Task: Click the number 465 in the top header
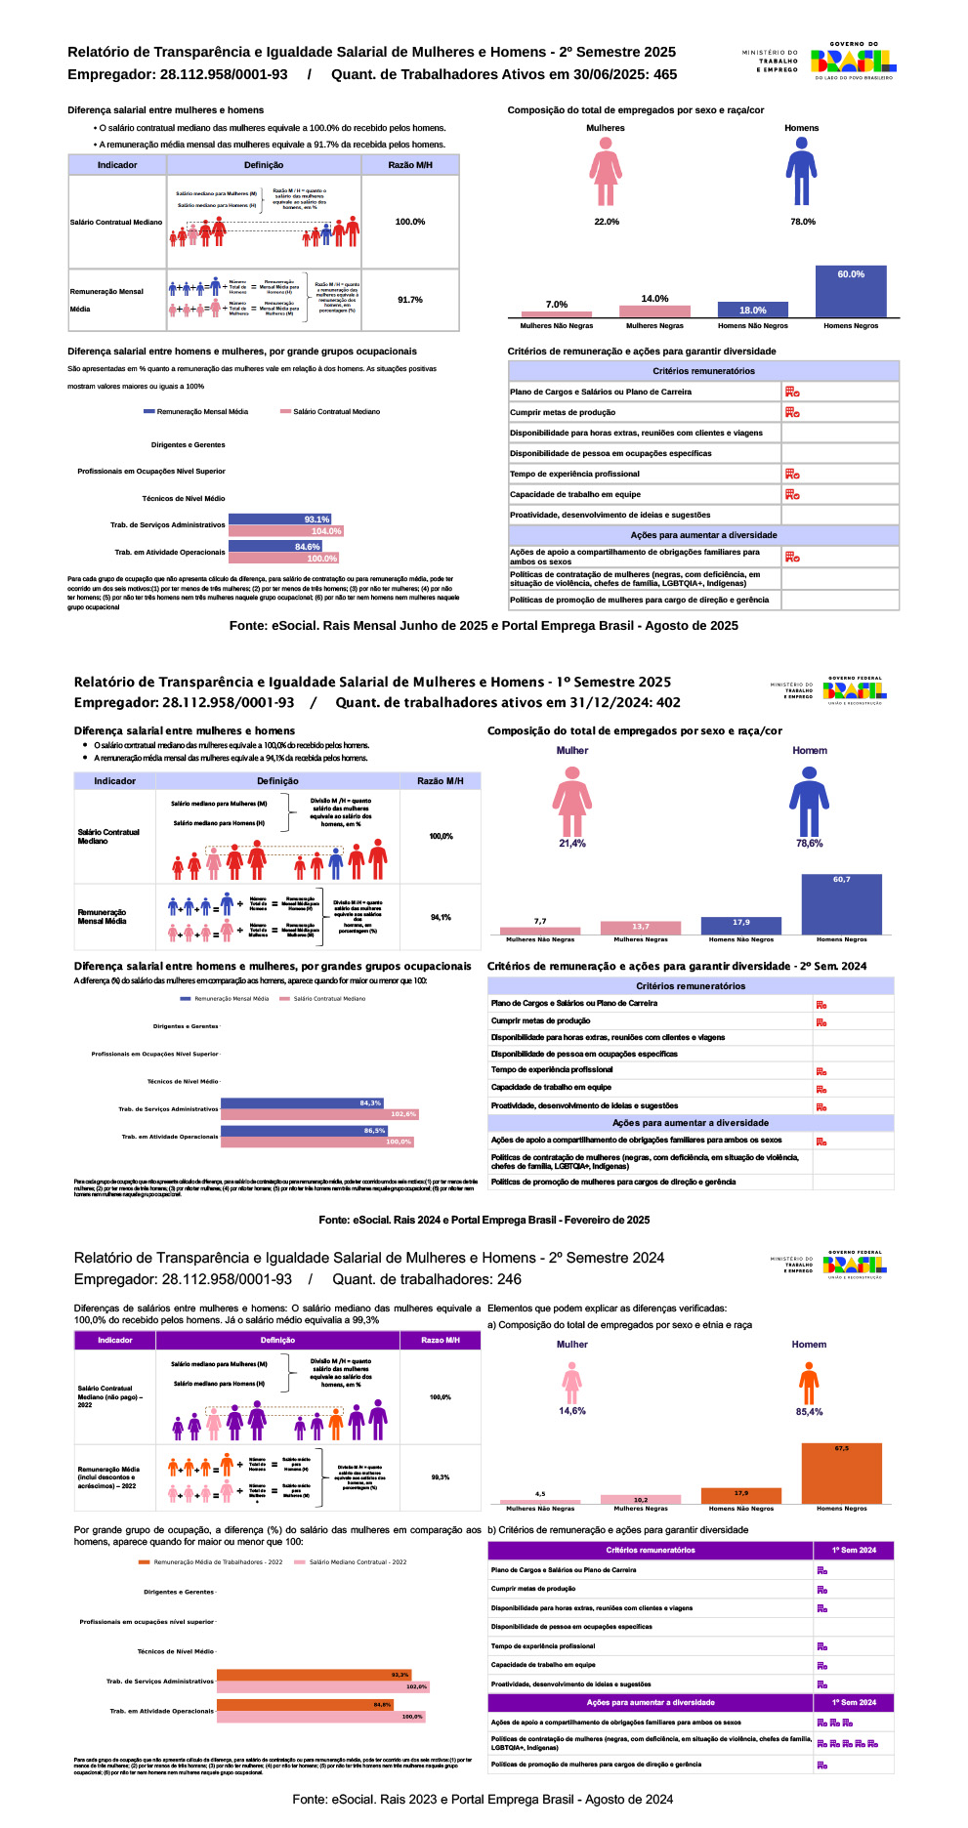click(x=665, y=74)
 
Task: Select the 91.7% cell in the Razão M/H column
click(x=410, y=300)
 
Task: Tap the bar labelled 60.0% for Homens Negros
click(x=851, y=290)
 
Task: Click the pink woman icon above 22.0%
click(x=606, y=172)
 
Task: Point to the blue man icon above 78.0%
click(x=801, y=172)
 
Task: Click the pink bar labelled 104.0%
click(x=286, y=531)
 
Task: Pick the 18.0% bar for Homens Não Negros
click(x=752, y=310)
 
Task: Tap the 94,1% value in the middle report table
click(x=441, y=918)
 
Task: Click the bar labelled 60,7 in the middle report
click(x=841, y=904)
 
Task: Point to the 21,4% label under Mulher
click(x=572, y=844)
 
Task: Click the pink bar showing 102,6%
click(x=319, y=1114)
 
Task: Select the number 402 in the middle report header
click(x=669, y=702)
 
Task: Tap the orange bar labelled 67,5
click(x=841, y=1474)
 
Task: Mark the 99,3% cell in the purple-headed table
click(x=441, y=1477)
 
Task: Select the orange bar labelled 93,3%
click(x=314, y=1675)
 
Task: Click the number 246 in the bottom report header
click(x=509, y=1279)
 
